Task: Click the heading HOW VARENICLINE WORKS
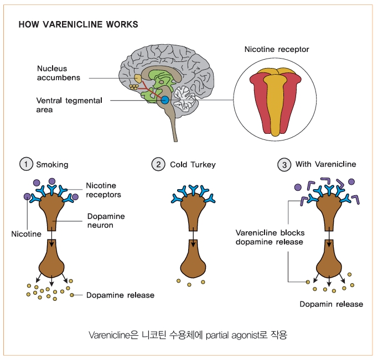[78, 25]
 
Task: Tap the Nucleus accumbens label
[58, 73]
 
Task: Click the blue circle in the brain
[164, 100]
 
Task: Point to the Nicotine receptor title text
[277, 50]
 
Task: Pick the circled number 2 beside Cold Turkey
[158, 164]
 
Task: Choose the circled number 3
[284, 164]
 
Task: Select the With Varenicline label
[325, 164]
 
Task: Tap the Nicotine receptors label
[103, 190]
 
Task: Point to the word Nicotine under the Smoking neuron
[26, 234]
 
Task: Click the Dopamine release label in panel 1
[120, 295]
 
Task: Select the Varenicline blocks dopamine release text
[270, 237]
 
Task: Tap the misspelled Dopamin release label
[331, 304]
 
